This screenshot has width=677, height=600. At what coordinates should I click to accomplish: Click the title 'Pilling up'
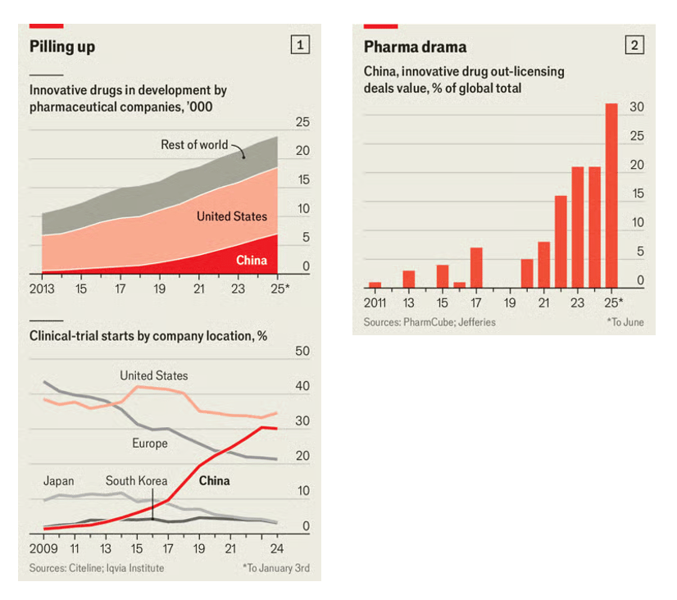(62, 47)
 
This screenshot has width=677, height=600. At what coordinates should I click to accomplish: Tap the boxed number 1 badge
(300, 46)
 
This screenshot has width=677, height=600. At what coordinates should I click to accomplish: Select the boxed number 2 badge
(634, 46)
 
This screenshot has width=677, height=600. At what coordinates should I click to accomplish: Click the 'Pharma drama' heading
(415, 47)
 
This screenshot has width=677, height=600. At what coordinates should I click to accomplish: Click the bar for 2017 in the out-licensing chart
(476, 267)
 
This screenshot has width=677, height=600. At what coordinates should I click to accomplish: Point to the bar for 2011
(375, 284)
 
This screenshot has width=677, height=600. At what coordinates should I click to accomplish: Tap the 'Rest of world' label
(194, 145)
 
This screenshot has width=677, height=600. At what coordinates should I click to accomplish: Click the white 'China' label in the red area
(251, 260)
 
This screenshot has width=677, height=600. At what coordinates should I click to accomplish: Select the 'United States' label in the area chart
(231, 216)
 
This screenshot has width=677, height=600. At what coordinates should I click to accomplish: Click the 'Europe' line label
(149, 443)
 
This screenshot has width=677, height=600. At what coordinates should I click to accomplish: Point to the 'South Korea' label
(136, 481)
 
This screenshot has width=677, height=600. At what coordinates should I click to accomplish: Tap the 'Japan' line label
(59, 481)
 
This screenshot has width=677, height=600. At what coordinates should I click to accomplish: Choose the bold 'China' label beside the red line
(214, 481)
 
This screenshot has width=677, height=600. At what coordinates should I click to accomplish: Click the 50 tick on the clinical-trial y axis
(302, 352)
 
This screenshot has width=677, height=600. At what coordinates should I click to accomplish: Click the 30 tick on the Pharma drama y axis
(636, 107)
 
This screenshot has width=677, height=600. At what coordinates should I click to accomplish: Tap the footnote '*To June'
(625, 322)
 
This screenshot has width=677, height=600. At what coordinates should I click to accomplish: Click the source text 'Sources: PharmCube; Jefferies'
(429, 322)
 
